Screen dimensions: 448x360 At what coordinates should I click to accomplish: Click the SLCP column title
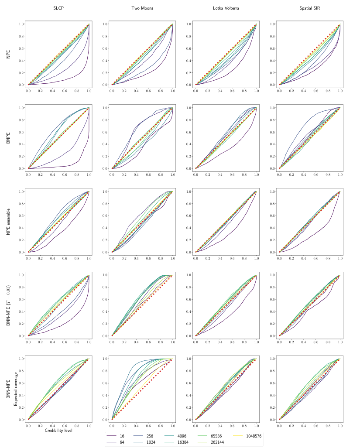pos(58,9)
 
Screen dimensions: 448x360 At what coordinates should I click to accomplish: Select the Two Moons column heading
pos(142,9)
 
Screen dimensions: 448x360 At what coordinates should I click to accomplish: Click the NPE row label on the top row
pos(8,54)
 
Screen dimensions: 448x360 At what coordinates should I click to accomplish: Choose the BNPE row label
pos(8,138)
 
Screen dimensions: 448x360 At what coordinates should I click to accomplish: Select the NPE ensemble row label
pos(8,222)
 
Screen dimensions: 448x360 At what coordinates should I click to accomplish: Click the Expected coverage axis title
pos(16,389)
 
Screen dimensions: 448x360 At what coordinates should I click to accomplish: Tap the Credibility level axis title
pos(58,431)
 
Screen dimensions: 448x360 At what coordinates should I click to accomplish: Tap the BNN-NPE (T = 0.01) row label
pos(8,305)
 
